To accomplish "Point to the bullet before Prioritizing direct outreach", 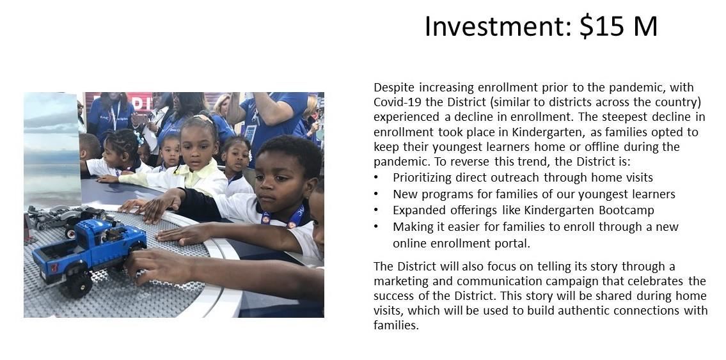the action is (x=376, y=178).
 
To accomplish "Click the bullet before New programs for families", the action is (x=376, y=194).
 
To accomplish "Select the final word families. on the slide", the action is (x=397, y=325).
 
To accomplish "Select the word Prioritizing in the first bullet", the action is (x=422, y=178).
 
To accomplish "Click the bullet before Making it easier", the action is (x=376, y=227).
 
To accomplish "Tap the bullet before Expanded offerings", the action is (x=376, y=210).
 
